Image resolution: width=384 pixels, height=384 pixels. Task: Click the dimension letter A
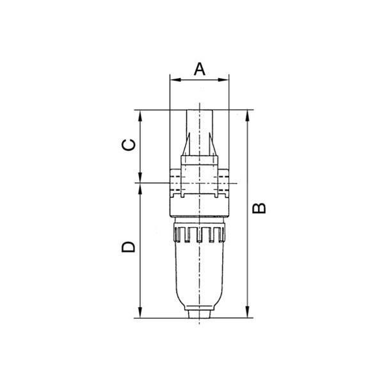pos(199,69)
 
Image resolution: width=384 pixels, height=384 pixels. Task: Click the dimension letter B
pos(259,208)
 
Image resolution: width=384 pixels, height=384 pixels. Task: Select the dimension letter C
pos(129,145)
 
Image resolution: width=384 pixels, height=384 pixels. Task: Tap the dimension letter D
pos(129,247)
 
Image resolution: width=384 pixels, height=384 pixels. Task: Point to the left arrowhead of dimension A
pos(175,80)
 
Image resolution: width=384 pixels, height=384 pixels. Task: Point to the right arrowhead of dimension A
pos(223,80)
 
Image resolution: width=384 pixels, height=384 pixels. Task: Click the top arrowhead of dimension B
pos(248,116)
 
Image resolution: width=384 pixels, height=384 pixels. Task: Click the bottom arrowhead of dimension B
pos(248,312)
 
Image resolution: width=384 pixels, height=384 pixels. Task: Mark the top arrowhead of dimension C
pos(140,116)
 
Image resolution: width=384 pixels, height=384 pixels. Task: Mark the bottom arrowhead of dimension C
pos(140,177)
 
